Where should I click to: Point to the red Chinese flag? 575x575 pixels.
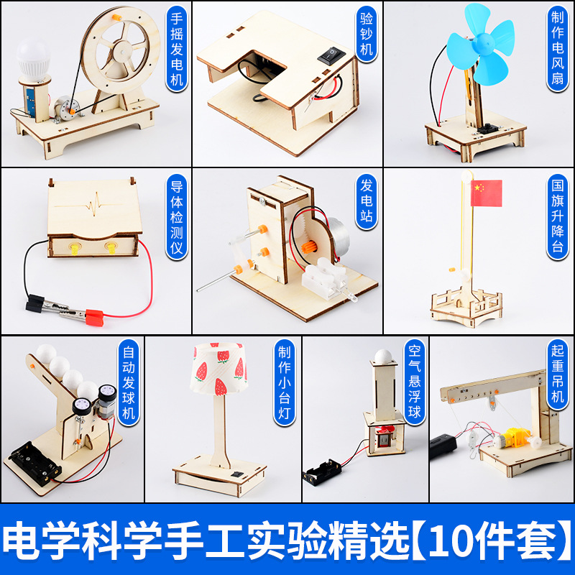485,190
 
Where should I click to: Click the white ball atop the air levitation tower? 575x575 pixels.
385,354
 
